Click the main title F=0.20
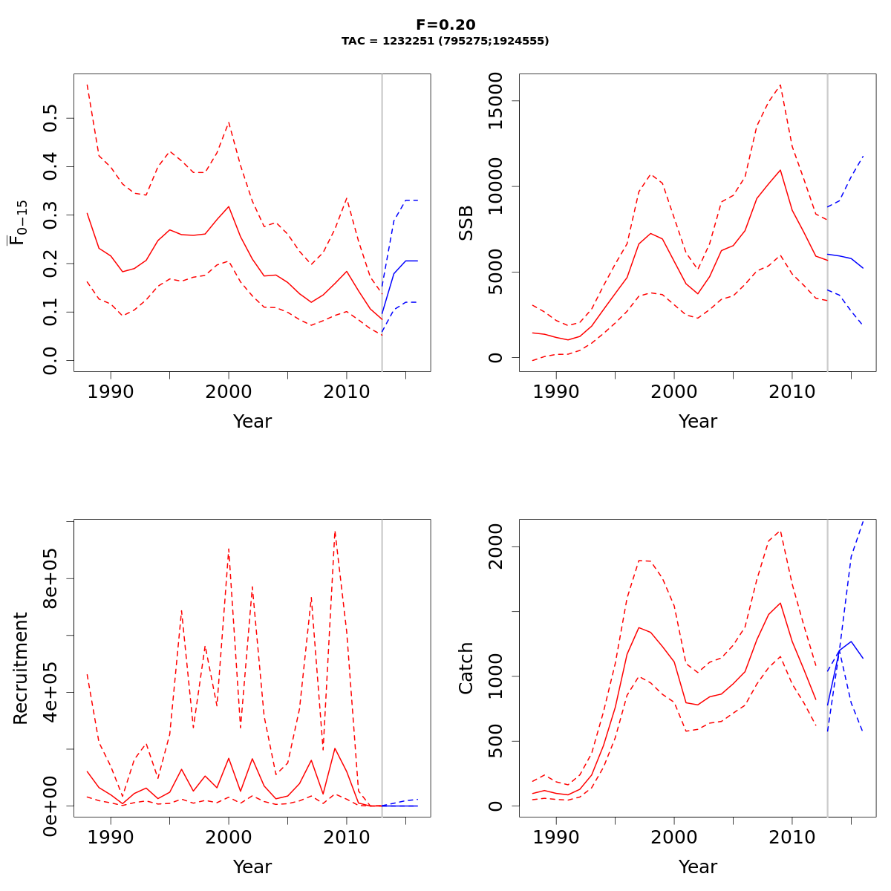click(x=446, y=25)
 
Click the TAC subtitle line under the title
click(x=446, y=42)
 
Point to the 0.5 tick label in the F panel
click(x=50, y=118)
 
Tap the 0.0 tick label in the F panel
click(x=50, y=360)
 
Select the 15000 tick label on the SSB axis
click(x=496, y=101)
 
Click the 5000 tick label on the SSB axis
click(x=496, y=272)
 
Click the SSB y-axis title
click(x=466, y=222)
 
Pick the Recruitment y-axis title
click(x=21, y=668)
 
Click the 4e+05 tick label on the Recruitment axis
click(x=50, y=692)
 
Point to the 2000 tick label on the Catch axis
click(x=496, y=547)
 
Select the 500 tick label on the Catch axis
click(x=496, y=741)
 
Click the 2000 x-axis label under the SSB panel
click(x=674, y=391)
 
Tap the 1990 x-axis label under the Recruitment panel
click(x=111, y=837)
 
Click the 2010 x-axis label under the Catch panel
click(x=792, y=837)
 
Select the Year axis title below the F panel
click(x=252, y=422)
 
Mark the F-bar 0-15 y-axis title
click(x=19, y=222)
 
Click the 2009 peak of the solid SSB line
click(x=780, y=170)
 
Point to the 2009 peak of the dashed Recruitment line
click(x=335, y=532)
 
